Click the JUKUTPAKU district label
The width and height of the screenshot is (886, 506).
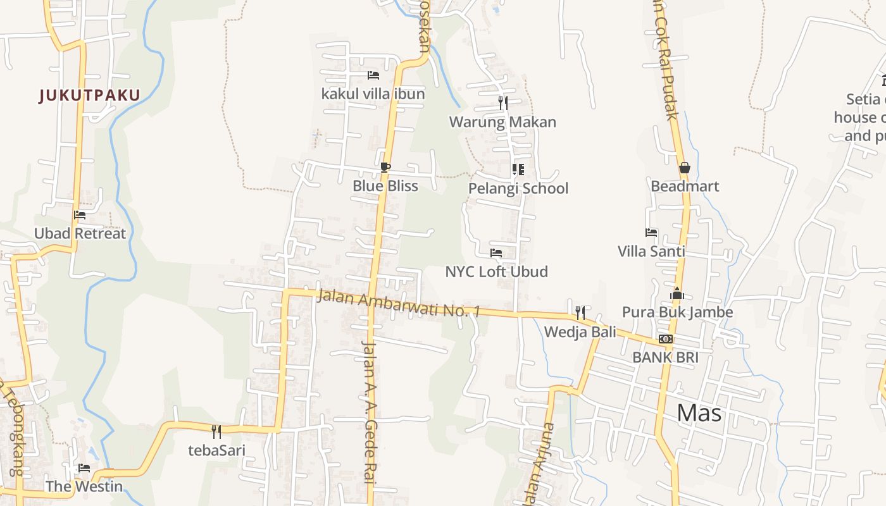click(x=89, y=96)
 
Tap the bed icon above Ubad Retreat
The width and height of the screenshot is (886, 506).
click(x=80, y=215)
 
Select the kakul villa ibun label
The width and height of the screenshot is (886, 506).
click(x=373, y=94)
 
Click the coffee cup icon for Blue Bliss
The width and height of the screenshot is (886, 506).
click(x=385, y=168)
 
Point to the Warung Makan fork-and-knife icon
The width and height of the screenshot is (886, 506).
click(x=502, y=103)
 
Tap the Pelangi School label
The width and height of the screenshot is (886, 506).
click(x=518, y=188)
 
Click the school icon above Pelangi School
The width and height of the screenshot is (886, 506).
click(x=518, y=170)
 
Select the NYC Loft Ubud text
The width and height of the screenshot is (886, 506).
click(x=496, y=272)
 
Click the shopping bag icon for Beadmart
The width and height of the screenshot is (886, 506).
click(x=684, y=168)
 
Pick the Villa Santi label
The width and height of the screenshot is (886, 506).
click(x=651, y=252)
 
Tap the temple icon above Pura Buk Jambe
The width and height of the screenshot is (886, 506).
click(x=677, y=293)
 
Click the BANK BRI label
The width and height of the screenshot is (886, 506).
click(x=665, y=357)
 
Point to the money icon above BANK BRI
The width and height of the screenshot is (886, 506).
click(x=665, y=339)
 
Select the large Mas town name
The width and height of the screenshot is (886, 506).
click(x=699, y=413)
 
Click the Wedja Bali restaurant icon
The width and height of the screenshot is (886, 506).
click(x=580, y=312)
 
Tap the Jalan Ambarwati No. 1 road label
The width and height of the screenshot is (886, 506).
click(x=399, y=304)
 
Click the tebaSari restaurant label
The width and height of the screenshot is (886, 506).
click(x=216, y=450)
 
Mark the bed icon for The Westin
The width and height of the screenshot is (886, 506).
click(x=84, y=468)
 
